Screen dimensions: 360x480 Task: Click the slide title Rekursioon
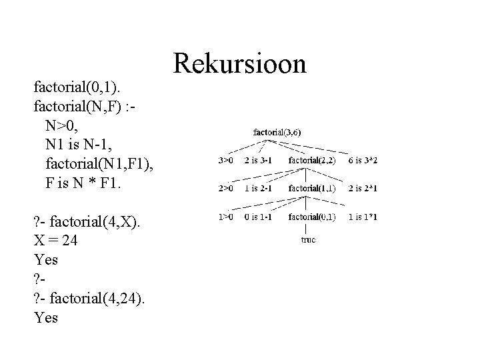click(239, 64)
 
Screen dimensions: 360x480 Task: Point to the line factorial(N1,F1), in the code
click(101, 163)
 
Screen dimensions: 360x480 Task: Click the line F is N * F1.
click(84, 182)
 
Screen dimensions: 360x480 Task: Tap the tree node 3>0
click(227, 161)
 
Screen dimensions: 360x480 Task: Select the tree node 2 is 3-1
click(259, 161)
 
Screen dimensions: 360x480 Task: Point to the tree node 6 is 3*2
click(362, 161)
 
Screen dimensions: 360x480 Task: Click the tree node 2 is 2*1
click(362, 189)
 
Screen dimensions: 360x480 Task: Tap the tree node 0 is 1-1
click(259, 217)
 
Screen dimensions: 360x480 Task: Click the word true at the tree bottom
click(307, 239)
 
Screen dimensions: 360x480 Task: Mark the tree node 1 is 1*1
click(362, 217)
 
